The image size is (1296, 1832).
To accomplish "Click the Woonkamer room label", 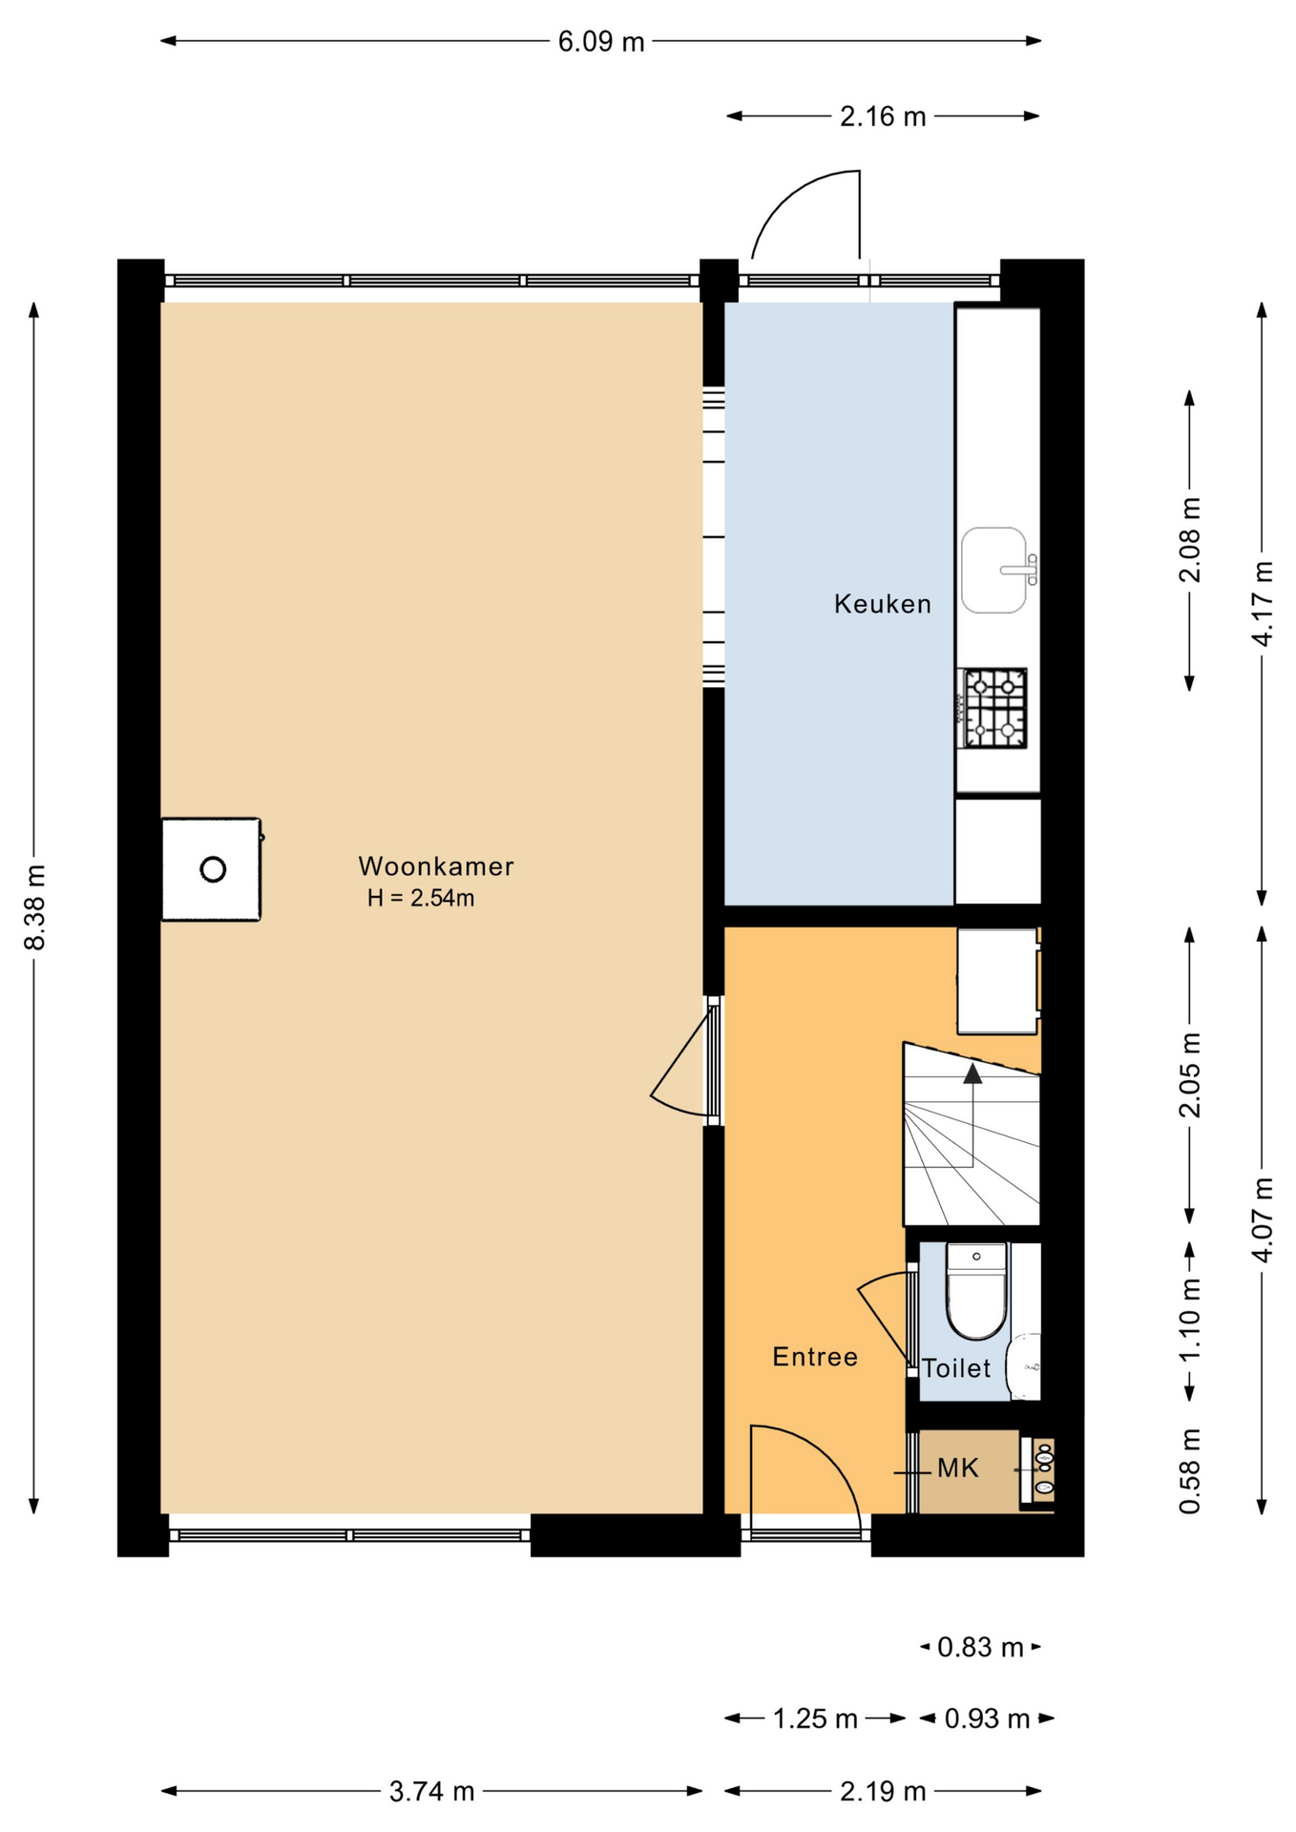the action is (x=436, y=866).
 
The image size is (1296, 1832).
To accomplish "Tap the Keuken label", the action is (x=883, y=604).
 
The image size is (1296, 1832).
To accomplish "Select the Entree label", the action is (x=815, y=1357).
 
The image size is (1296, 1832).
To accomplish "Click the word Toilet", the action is (x=956, y=1368).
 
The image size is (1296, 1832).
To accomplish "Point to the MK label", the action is (x=958, y=1468).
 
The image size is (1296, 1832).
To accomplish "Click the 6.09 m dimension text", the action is (x=601, y=42).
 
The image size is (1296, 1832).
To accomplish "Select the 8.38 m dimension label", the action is (x=35, y=907).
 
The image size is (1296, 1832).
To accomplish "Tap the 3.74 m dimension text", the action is (x=431, y=1791).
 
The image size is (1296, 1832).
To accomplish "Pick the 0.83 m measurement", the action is (x=980, y=1647).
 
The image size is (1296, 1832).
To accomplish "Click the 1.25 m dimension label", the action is (x=815, y=1718).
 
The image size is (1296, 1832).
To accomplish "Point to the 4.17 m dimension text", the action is (x=1263, y=603).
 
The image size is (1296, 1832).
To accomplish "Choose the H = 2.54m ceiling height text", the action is (x=421, y=898).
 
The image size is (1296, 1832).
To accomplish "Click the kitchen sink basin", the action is (x=993, y=571).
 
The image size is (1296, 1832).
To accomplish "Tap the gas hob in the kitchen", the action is (x=993, y=708).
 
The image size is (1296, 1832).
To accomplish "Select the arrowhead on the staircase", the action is (x=972, y=1073).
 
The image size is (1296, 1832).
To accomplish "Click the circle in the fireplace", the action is (x=213, y=869).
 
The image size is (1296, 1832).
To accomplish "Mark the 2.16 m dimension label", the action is (x=883, y=116).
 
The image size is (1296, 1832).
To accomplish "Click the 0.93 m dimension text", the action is (x=987, y=1718).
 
